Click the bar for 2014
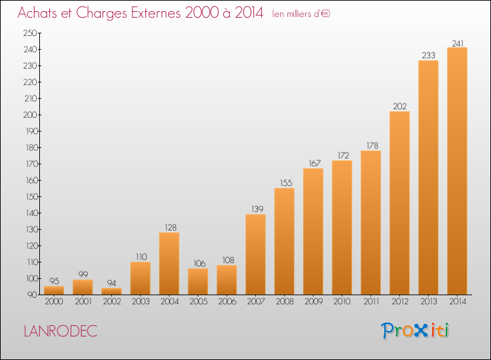click(457, 171)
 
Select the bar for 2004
click(169, 263)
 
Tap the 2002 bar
click(111, 291)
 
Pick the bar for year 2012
click(399, 203)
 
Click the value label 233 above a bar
click(428, 56)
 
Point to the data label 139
click(257, 209)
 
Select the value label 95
click(54, 281)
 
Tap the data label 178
click(373, 145)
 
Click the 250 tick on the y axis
click(30, 33)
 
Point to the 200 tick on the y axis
click(30, 115)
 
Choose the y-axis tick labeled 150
click(31, 196)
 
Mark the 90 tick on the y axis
click(32, 295)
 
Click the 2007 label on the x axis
click(256, 302)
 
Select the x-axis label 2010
click(342, 302)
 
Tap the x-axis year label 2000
click(54, 302)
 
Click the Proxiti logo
click(415, 331)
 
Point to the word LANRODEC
click(60, 331)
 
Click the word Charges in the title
click(101, 13)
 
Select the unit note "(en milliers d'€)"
click(301, 14)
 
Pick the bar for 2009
click(313, 232)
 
